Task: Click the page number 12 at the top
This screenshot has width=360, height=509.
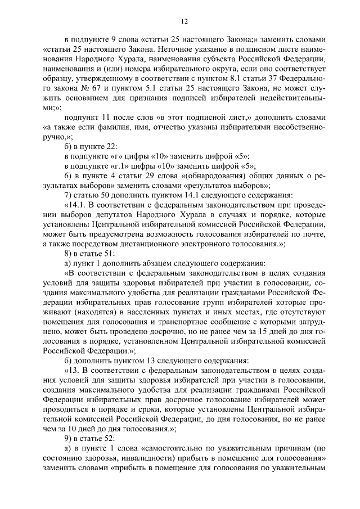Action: [184, 21]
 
